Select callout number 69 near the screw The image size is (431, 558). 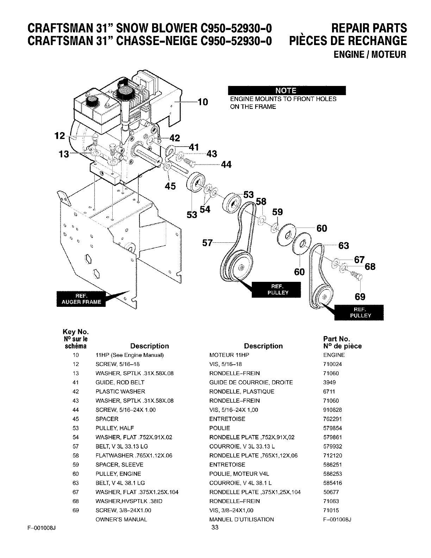360,297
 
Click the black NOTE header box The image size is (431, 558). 287,91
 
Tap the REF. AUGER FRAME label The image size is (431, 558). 81,298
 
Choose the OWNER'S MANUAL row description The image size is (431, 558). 121,520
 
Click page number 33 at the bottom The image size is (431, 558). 215,527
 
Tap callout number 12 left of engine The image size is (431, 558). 60,136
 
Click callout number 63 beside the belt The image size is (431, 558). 343,245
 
